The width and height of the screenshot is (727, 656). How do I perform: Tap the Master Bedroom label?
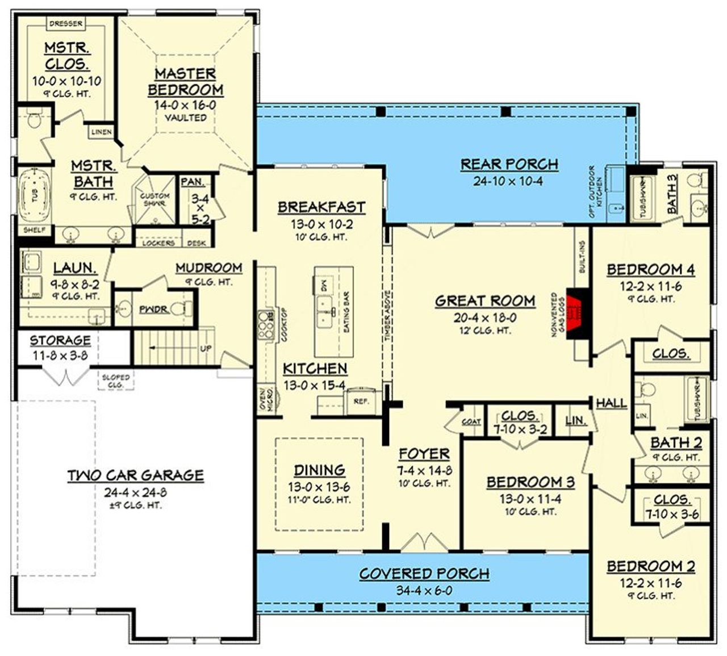186,82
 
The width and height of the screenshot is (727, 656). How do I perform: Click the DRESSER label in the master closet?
66,23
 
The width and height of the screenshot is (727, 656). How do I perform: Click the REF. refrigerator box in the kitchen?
361,401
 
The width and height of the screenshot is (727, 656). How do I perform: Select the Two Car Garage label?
135,475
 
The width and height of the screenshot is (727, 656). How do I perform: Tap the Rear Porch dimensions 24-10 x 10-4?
509,181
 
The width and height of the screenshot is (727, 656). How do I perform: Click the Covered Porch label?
424,574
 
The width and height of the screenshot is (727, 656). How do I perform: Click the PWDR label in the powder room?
153,309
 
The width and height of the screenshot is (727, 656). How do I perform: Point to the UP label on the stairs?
206,348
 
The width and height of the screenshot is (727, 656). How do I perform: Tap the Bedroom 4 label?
651,269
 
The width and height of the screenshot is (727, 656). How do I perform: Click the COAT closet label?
471,421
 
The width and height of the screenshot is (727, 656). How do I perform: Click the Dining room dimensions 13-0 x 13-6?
319,487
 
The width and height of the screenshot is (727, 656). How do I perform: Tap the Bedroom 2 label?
651,566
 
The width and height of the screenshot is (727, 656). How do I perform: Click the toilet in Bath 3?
693,181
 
